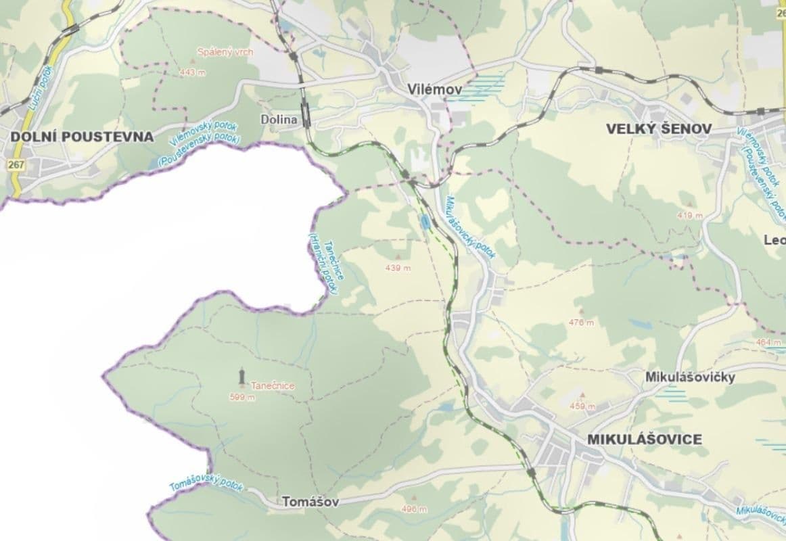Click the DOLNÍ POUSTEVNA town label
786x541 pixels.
click(82, 137)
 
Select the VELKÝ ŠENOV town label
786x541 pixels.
click(659, 128)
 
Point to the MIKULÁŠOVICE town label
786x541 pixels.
click(645, 439)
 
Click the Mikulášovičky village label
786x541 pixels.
click(690, 377)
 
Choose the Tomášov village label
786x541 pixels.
click(309, 502)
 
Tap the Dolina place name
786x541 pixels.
click(279, 120)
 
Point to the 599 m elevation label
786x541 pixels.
click(242, 398)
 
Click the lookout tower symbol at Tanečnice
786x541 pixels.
click(241, 376)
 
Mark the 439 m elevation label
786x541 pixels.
click(398, 268)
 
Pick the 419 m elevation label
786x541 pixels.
click(689, 215)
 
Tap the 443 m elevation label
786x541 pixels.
click(192, 72)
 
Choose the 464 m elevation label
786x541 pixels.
click(768, 342)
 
